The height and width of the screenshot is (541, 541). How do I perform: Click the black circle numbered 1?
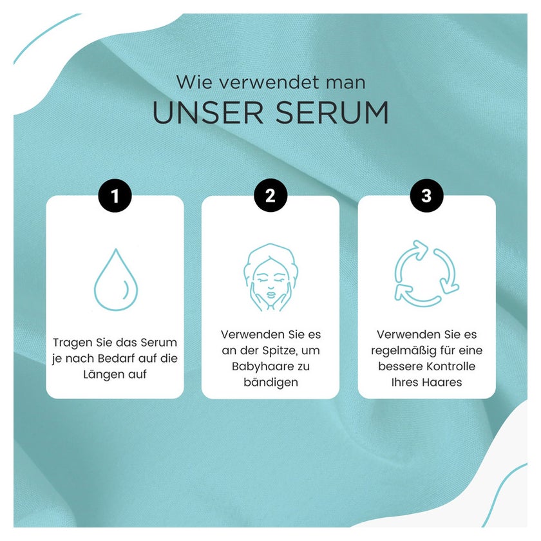click(x=115, y=196)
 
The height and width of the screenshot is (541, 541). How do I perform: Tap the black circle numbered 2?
click(x=270, y=195)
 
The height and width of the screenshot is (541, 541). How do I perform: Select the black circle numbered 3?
click(x=426, y=195)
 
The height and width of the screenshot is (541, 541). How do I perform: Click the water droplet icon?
click(x=116, y=280)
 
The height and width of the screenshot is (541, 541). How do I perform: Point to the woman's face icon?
click(x=270, y=278)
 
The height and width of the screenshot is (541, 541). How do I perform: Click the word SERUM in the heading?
click(x=332, y=113)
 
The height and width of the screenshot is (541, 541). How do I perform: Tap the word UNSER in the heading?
click(x=207, y=113)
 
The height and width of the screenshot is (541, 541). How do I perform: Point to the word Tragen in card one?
click(x=71, y=343)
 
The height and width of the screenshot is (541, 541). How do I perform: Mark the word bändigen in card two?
click(x=271, y=383)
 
